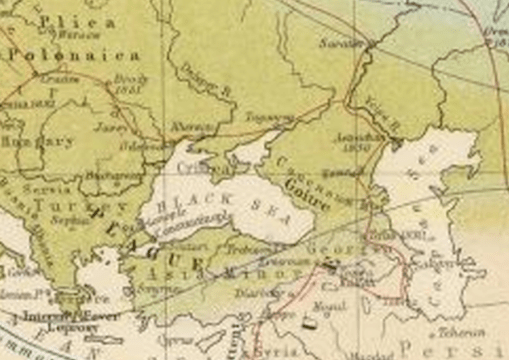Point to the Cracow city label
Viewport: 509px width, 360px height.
(64, 79)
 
